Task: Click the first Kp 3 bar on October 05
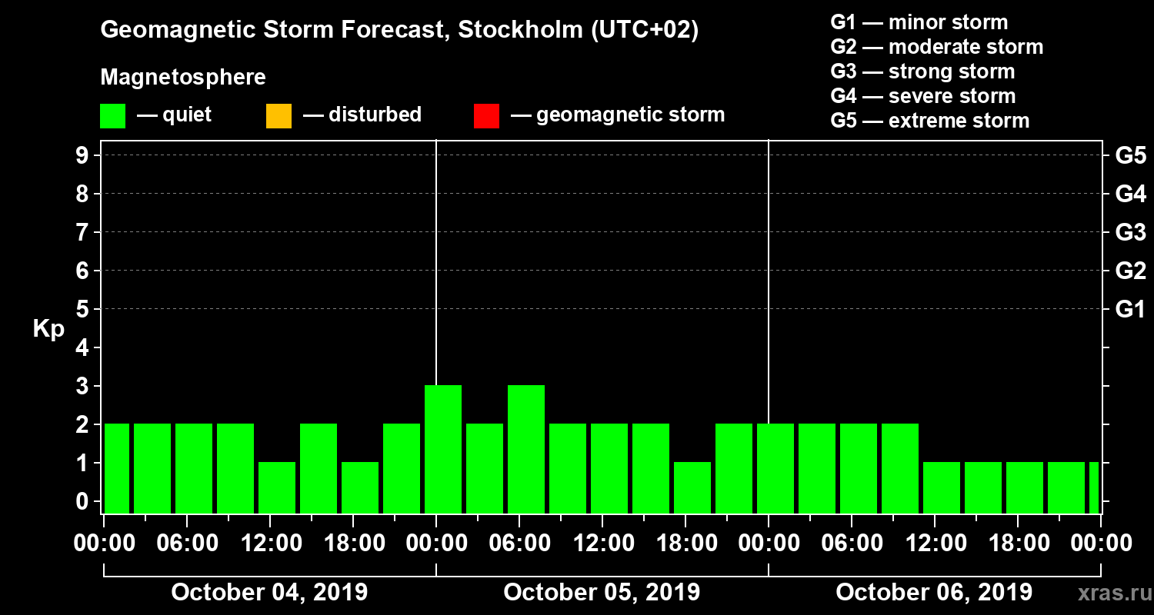point(443,449)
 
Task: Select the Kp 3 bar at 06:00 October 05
point(526,449)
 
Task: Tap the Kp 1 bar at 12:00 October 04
point(277,487)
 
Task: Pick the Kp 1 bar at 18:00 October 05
point(692,487)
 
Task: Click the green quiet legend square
point(113,116)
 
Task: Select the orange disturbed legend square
point(278,116)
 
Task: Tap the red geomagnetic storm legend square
point(486,116)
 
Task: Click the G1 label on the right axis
point(1129,310)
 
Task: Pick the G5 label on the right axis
point(1129,156)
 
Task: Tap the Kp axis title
point(48,329)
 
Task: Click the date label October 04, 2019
point(269,593)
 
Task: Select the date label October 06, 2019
point(934,593)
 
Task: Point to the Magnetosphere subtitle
point(183,78)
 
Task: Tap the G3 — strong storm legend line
point(922,71)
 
